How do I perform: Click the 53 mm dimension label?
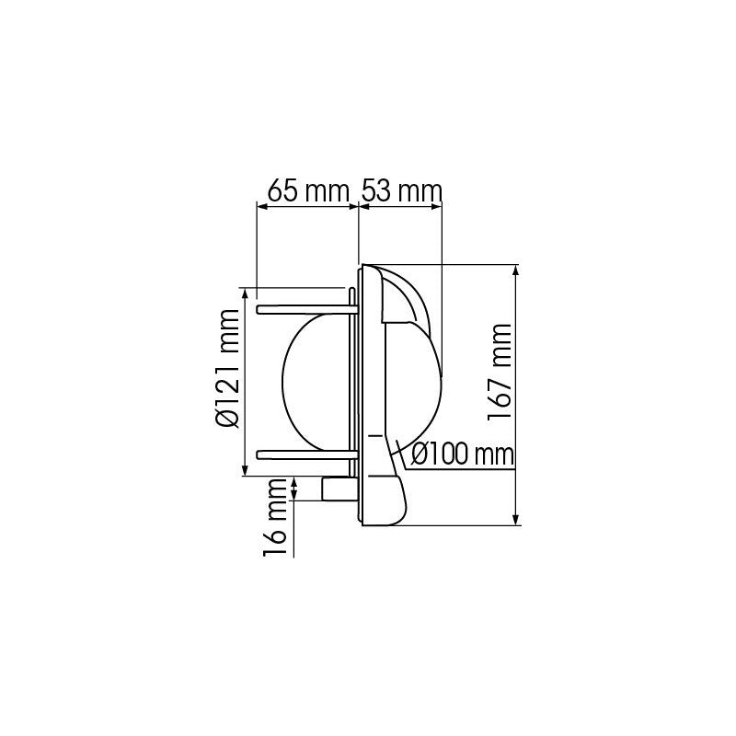[x=401, y=191]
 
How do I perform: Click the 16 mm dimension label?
[x=274, y=524]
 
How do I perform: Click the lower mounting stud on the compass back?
[x=304, y=453]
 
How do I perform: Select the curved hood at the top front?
[x=405, y=299]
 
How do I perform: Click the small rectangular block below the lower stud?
[x=335, y=489]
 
